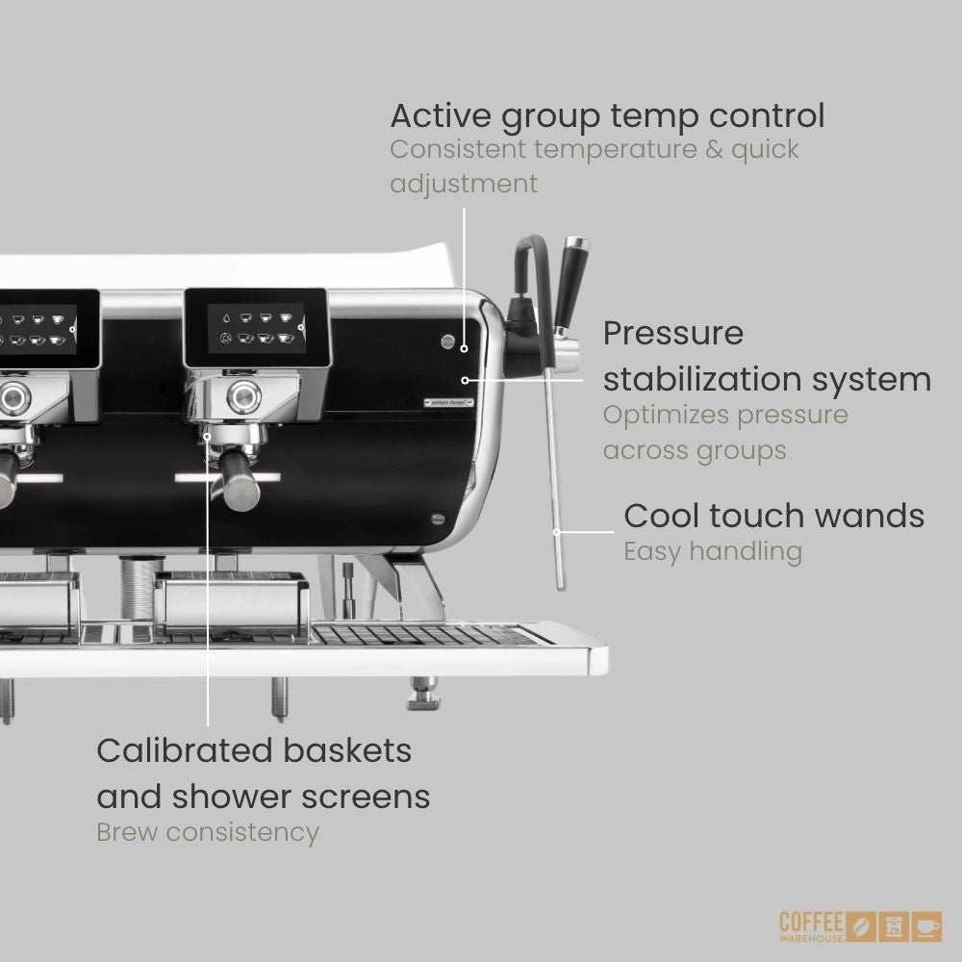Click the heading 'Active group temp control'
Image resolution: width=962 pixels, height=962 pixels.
click(x=607, y=116)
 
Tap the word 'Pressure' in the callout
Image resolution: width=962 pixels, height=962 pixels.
click(x=673, y=334)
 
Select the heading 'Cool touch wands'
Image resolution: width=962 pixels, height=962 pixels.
click(x=773, y=516)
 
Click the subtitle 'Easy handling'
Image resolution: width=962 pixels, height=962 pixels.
click(x=713, y=551)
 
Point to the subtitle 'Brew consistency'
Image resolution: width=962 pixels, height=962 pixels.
click(x=208, y=832)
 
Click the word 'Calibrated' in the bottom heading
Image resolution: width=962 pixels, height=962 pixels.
click(x=185, y=750)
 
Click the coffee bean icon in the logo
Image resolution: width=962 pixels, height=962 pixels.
click(x=861, y=926)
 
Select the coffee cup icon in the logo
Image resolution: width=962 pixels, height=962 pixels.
click(x=926, y=926)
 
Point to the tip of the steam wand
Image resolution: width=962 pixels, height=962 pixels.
click(x=560, y=587)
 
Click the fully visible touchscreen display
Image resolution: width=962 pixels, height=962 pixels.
click(x=257, y=328)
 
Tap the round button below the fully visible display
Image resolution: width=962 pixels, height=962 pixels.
click(x=243, y=397)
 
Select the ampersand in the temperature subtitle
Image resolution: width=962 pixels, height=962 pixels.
click(x=714, y=149)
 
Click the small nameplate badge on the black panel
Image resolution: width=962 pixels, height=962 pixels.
click(x=448, y=402)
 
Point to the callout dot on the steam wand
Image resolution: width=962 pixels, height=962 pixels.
click(x=557, y=532)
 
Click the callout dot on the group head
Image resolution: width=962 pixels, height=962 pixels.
click(x=208, y=436)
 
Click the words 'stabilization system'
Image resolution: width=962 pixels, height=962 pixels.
click(x=767, y=379)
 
